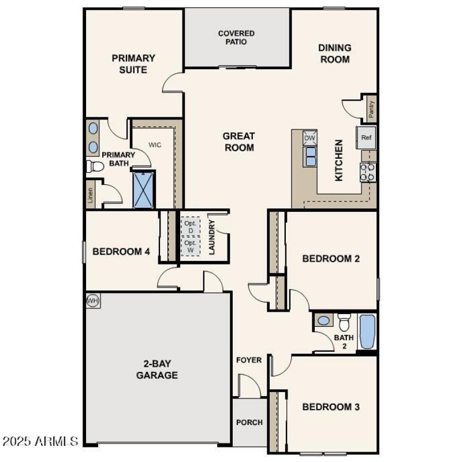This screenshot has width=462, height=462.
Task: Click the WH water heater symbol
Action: (92, 300)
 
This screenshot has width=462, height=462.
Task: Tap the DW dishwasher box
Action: (310, 138)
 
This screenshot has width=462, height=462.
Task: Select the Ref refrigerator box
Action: (366, 137)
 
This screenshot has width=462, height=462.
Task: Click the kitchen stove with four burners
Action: (368, 172)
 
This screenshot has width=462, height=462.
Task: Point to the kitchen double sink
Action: (310, 157)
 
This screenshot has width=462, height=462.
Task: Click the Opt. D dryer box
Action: (191, 226)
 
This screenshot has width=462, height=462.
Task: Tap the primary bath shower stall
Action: (144, 190)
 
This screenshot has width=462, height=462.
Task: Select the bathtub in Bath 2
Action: (367, 331)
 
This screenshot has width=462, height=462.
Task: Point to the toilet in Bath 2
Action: (344, 321)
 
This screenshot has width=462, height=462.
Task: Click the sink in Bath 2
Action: (324, 320)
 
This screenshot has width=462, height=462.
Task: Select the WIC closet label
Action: (154, 145)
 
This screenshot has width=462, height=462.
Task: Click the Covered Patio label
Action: (236, 38)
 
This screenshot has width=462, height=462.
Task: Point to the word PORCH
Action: (249, 422)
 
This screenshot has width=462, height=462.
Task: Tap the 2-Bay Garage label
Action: (157, 370)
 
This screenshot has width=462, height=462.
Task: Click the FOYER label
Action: (249, 360)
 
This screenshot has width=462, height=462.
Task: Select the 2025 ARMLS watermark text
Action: (40, 442)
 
